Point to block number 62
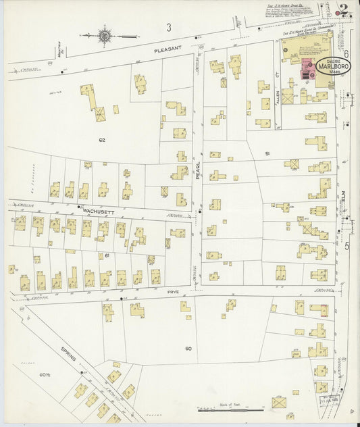click(103, 140)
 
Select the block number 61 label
click(106, 255)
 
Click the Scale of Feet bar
click(230, 409)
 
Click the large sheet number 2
click(344, 10)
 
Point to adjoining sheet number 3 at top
click(169, 27)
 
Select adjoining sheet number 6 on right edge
click(345, 53)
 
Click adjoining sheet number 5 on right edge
click(347, 245)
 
